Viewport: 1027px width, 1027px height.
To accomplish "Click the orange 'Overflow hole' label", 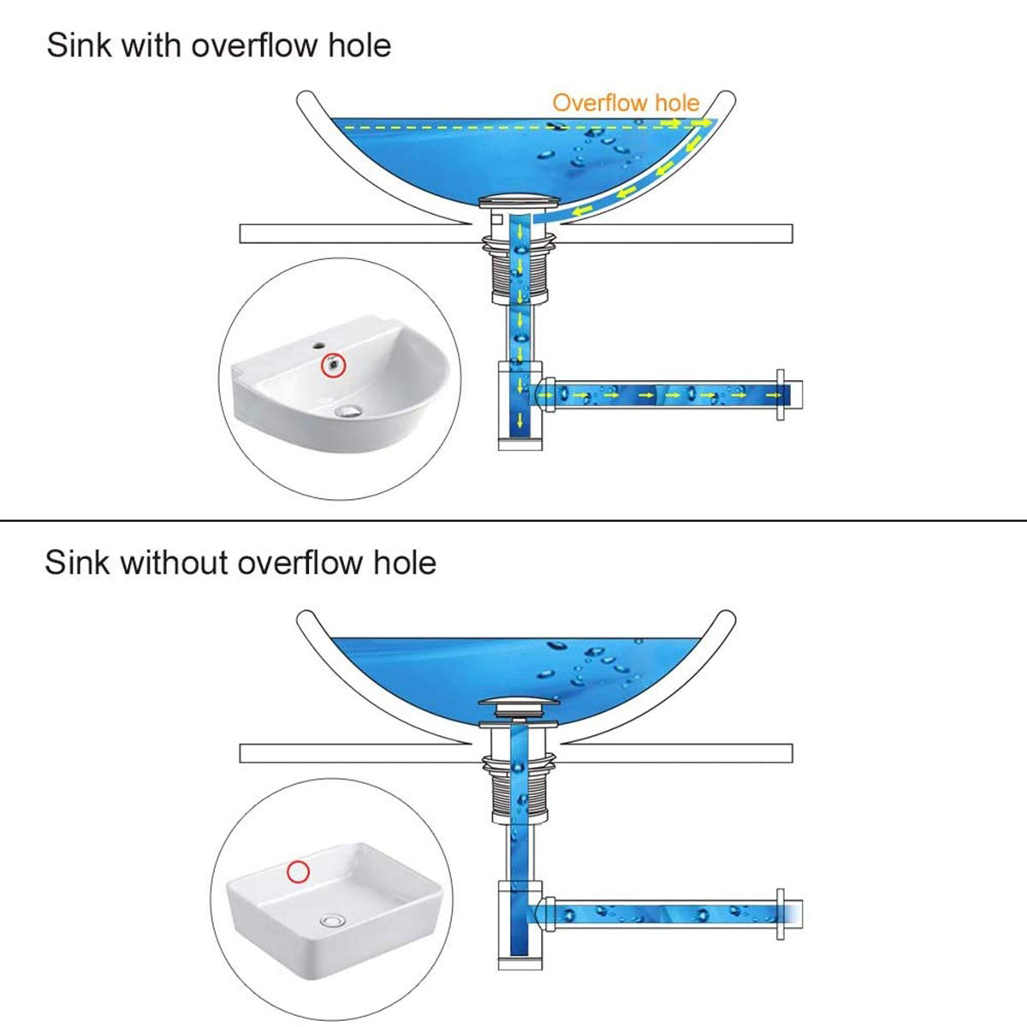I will tap(626, 103).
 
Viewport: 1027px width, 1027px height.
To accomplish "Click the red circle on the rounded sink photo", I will tap(332, 365).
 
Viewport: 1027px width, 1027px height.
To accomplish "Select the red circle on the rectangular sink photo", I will tap(298, 871).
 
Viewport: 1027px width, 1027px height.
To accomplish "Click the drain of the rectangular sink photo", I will tap(332, 921).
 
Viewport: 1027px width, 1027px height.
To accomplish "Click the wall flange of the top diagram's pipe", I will tap(780, 395).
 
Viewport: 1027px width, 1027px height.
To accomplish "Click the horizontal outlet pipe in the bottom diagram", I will tap(659, 914).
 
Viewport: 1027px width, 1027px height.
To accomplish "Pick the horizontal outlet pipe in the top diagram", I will tap(659, 395).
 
